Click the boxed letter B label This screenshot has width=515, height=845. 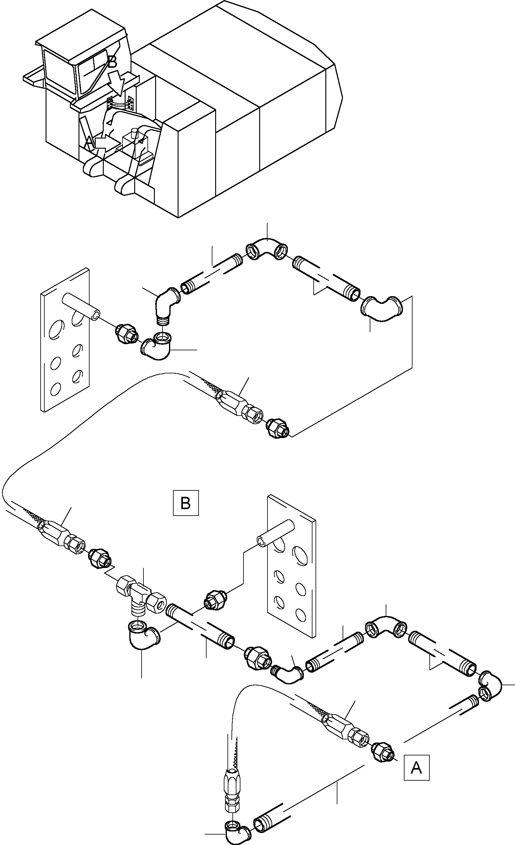(x=186, y=503)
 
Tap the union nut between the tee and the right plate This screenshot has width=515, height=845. (x=214, y=600)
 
